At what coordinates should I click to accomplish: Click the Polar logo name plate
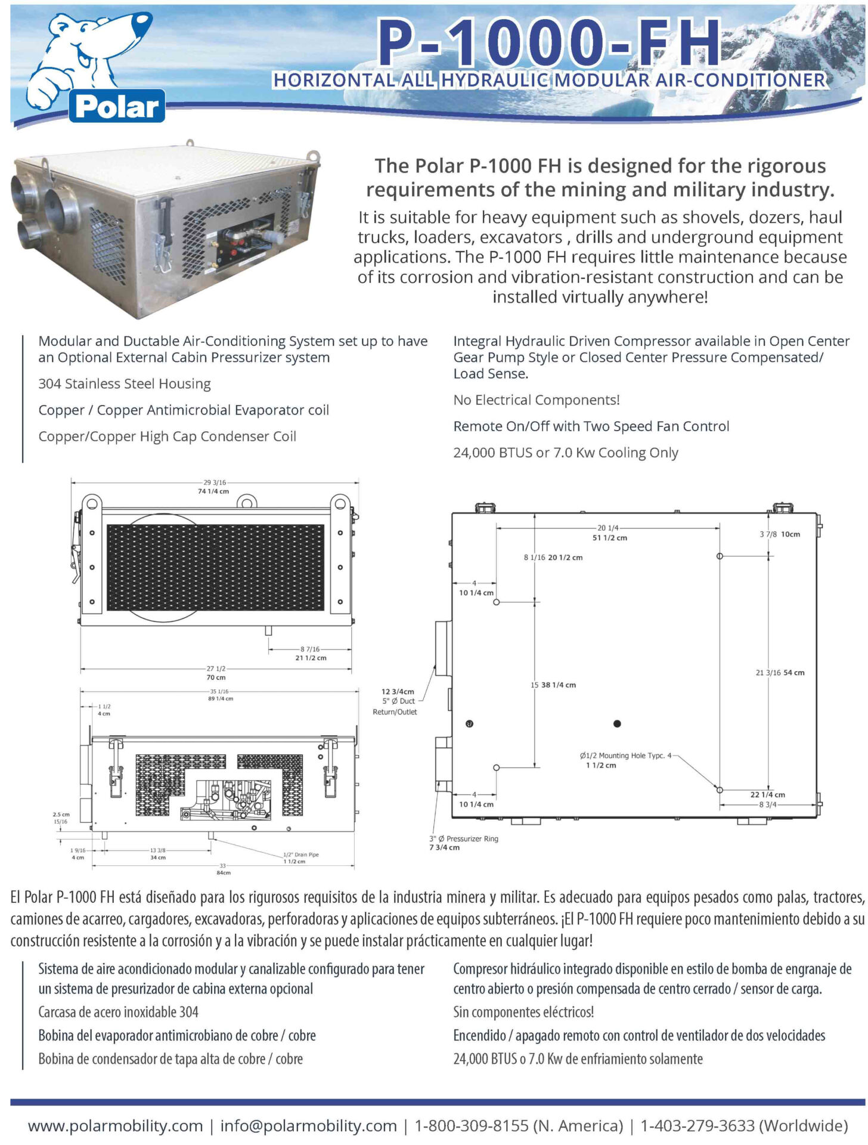(x=117, y=107)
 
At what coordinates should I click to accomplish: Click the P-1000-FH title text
(x=549, y=42)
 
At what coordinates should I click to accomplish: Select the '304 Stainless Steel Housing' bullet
(x=125, y=383)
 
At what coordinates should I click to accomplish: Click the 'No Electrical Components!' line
(x=537, y=400)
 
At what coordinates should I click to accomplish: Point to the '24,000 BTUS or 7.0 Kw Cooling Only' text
(x=565, y=453)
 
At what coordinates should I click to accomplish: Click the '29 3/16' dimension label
(x=215, y=482)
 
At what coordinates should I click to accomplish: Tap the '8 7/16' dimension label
(x=310, y=649)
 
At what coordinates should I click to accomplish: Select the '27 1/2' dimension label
(x=216, y=669)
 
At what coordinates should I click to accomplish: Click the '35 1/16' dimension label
(x=219, y=691)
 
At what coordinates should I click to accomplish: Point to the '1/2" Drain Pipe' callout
(x=300, y=855)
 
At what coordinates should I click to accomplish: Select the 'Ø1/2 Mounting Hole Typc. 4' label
(x=625, y=756)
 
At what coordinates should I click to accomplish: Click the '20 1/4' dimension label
(x=608, y=528)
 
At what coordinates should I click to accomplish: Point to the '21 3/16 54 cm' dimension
(x=780, y=673)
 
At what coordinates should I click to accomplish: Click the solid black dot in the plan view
(x=617, y=723)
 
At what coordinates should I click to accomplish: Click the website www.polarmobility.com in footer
(x=115, y=1126)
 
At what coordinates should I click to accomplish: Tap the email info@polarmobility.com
(x=308, y=1126)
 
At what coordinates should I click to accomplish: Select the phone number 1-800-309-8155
(x=472, y=1126)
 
